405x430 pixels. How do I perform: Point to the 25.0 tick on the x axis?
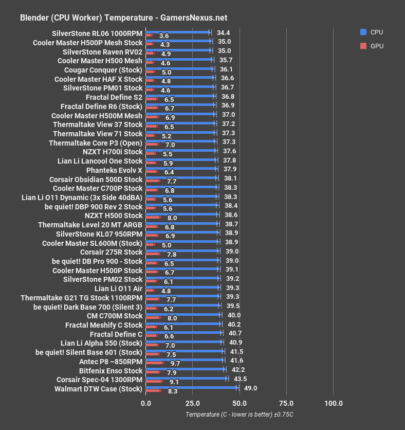[x=192, y=403]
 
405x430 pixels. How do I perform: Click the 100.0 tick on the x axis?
[x=334, y=403]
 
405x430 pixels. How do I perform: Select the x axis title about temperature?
[x=240, y=415]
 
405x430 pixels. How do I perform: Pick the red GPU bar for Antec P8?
[x=155, y=363]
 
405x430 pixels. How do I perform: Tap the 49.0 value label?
[x=250, y=388]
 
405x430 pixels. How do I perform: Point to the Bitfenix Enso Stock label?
[x=111, y=370]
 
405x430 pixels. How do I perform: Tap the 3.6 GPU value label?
[x=164, y=36]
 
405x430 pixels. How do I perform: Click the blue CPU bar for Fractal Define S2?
[x=180, y=96]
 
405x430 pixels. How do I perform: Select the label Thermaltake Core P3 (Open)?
[x=96, y=142]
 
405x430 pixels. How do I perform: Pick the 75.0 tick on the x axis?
[x=286, y=403]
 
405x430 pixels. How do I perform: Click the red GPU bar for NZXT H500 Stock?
[x=153, y=218]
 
